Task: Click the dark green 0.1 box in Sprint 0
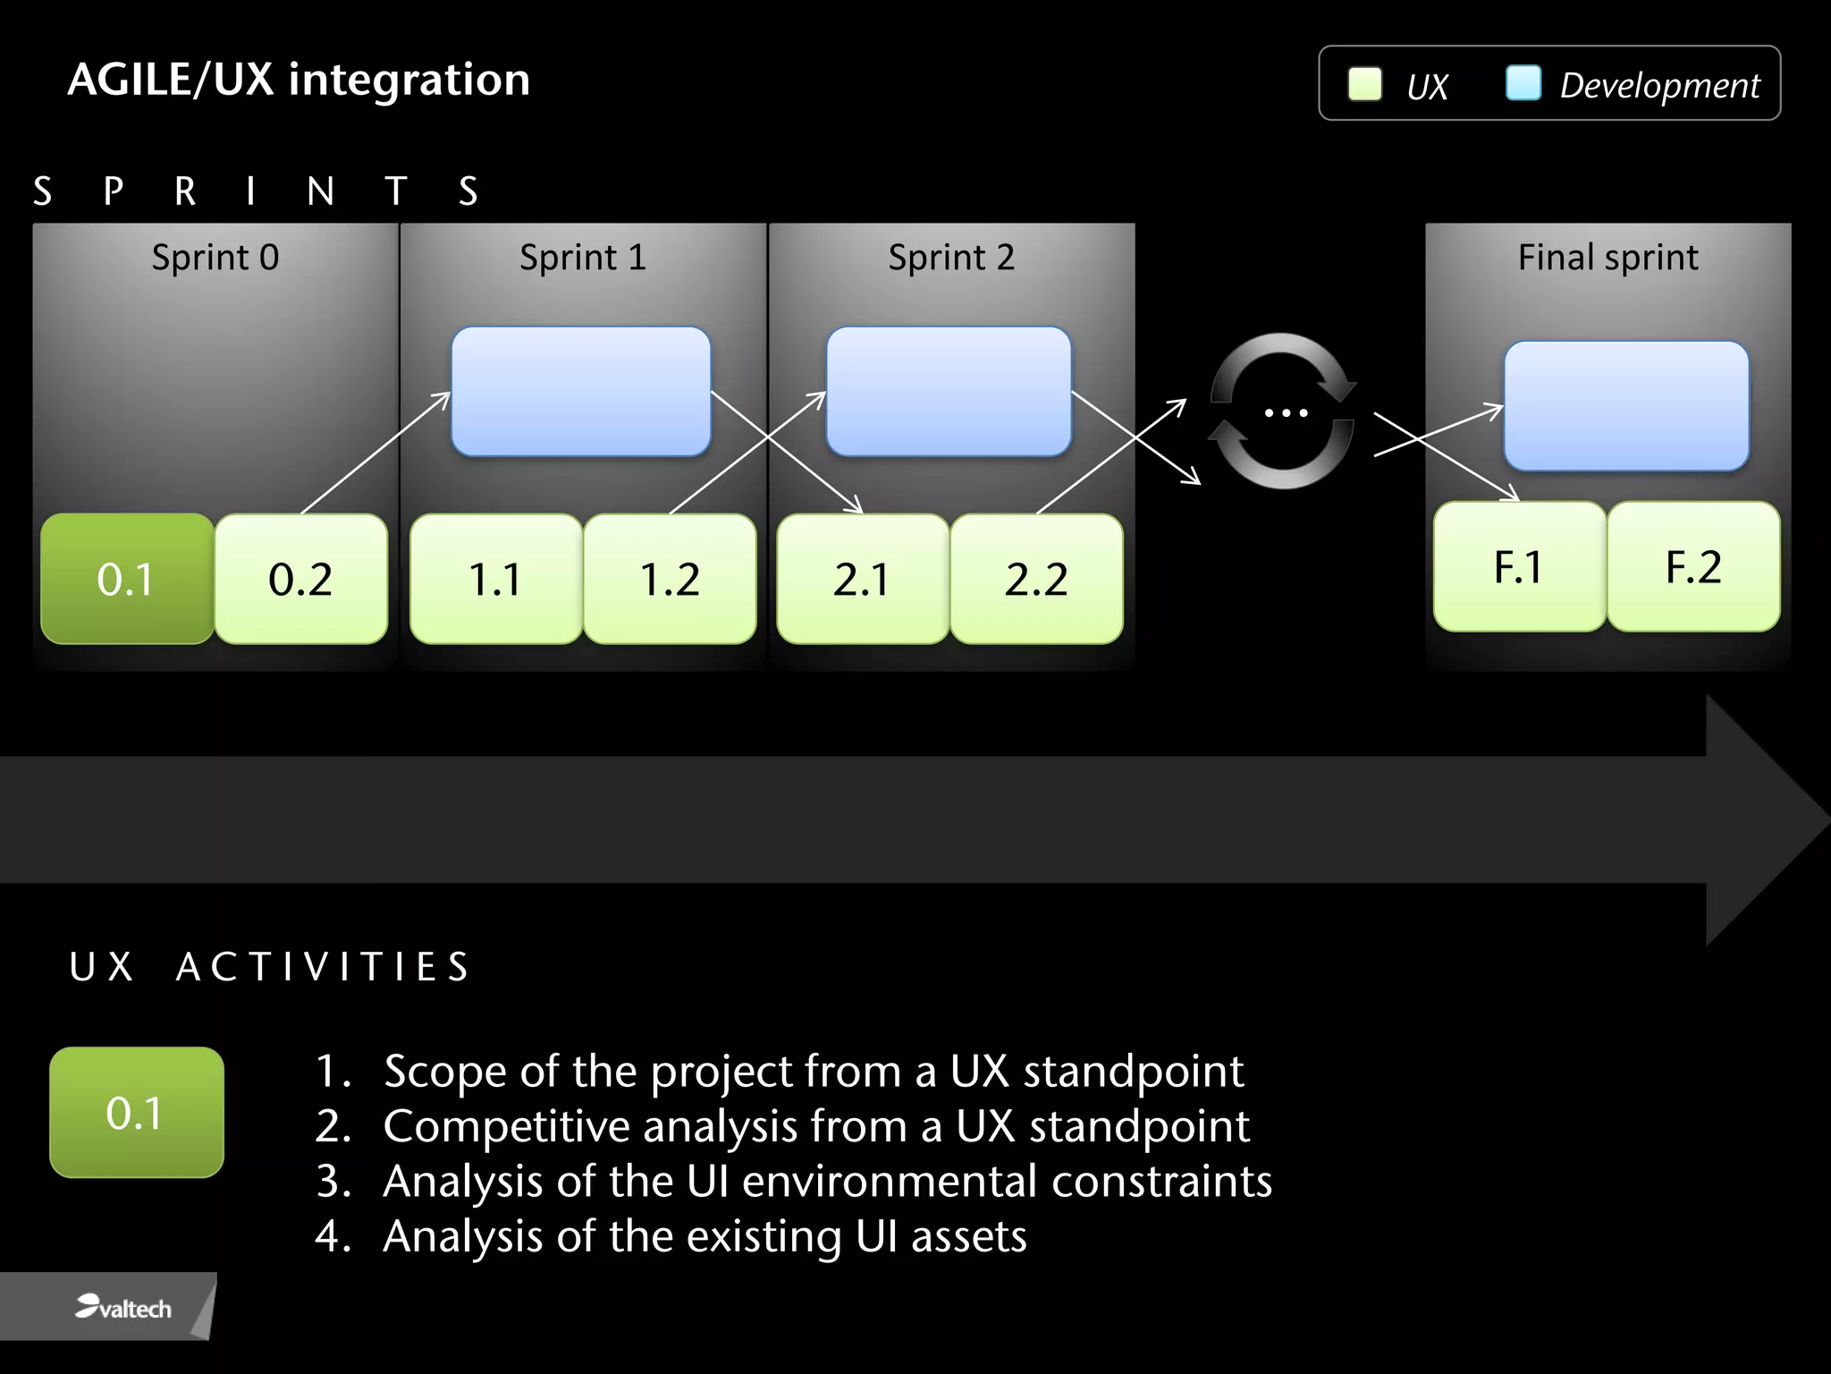127,579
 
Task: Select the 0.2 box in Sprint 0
300,579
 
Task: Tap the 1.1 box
495,579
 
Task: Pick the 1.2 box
670,579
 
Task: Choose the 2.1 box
862,579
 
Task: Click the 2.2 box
1036,579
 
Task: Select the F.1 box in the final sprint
1519,566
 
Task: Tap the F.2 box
1693,566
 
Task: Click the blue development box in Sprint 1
581,391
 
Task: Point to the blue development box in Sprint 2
949,391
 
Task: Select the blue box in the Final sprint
1626,405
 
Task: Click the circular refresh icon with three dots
1284,411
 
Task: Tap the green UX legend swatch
1364,84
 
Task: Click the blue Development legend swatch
1523,83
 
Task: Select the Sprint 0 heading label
215,258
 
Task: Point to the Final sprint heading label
1607,258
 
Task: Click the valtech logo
123,1308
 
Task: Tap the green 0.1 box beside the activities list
137,1112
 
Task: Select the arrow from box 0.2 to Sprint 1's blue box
375,453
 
